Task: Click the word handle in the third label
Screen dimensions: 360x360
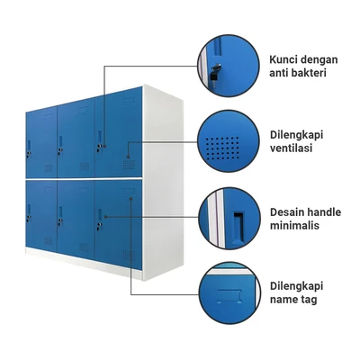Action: (x=324, y=212)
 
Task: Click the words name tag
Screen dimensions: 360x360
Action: (x=293, y=300)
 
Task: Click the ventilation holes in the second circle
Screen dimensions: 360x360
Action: (x=222, y=148)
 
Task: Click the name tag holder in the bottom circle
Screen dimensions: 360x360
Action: (x=229, y=296)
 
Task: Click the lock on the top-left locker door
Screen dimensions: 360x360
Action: (x=29, y=154)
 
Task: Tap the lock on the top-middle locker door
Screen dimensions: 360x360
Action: (x=61, y=150)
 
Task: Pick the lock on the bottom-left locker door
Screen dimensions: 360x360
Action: (x=29, y=218)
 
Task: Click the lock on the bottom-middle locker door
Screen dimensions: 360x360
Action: (x=61, y=221)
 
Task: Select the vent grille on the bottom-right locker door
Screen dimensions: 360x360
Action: (x=129, y=255)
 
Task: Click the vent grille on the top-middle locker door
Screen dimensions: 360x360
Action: (x=85, y=166)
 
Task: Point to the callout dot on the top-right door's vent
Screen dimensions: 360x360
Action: (x=128, y=157)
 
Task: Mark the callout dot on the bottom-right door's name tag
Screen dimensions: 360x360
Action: (x=131, y=198)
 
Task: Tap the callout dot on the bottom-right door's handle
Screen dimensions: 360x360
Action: (x=105, y=217)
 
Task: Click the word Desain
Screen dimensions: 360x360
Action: (x=287, y=212)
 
